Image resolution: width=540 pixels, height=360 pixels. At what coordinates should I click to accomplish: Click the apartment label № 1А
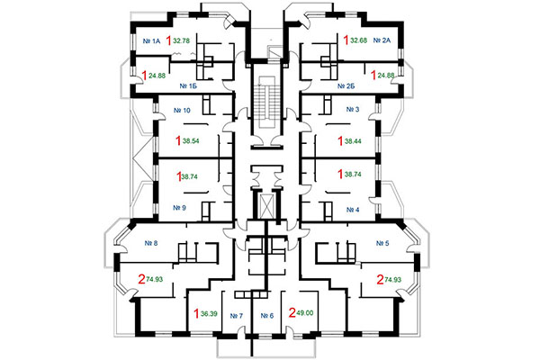(151, 41)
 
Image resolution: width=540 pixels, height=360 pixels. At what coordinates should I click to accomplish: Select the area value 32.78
(182, 40)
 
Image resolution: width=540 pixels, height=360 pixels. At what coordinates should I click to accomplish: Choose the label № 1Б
(188, 86)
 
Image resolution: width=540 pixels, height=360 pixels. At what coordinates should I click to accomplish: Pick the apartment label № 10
(181, 111)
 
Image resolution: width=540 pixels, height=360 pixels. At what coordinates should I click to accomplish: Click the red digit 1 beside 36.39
(197, 313)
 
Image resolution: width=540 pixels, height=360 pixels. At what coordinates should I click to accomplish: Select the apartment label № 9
(178, 208)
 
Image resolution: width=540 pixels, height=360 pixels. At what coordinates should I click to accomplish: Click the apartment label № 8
(150, 243)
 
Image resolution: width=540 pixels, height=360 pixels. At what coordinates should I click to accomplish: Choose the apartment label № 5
(382, 243)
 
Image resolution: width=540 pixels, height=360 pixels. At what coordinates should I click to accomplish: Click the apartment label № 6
(266, 316)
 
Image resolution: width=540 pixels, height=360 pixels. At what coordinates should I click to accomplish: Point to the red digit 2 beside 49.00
(291, 313)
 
